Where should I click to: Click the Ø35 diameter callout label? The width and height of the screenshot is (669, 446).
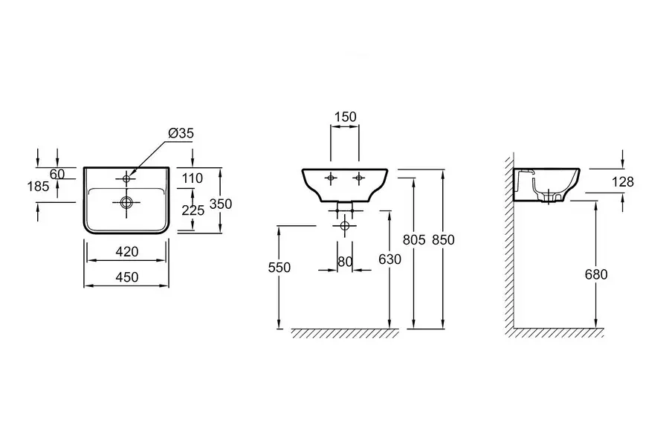[x=181, y=134]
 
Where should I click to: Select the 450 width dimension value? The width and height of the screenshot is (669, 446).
[x=127, y=275]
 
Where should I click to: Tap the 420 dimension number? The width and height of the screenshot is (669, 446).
[x=127, y=252]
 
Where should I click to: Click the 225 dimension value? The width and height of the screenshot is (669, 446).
[x=193, y=210]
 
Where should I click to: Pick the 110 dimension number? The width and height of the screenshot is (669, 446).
[x=193, y=178]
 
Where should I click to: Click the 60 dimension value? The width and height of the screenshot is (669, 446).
[x=57, y=174]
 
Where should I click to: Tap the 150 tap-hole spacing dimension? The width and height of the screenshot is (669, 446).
[x=346, y=117]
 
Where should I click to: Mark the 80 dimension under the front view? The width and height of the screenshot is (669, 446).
[x=345, y=261]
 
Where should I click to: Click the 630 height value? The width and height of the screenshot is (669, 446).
[x=389, y=259]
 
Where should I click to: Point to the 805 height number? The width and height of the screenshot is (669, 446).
[x=414, y=239]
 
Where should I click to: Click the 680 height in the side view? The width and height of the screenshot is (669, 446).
[x=595, y=274]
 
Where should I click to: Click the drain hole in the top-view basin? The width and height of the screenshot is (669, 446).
[x=126, y=201]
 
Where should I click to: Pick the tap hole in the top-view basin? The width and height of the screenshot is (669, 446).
[x=126, y=178]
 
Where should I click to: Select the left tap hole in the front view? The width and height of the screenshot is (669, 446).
[x=331, y=178]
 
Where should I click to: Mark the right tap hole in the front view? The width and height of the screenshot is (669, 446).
[x=359, y=178]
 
